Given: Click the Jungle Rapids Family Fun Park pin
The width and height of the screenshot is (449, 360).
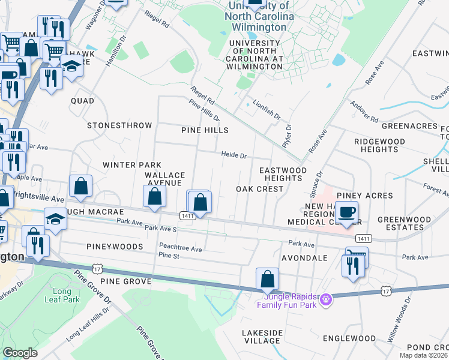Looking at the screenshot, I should tap(326, 298).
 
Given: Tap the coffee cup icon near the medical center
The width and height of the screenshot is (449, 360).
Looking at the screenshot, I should tap(346, 212).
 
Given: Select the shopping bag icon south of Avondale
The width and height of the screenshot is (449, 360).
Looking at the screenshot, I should tap(267, 279).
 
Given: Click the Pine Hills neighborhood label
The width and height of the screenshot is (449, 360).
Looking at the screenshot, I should tap(205, 130).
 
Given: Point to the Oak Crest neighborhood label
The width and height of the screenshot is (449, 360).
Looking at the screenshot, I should tap(259, 189).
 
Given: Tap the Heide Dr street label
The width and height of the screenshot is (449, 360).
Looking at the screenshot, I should tap(234, 155).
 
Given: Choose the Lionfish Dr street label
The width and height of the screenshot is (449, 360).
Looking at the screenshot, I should tap(267, 109).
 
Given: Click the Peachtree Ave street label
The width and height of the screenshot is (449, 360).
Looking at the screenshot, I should tap(180, 247).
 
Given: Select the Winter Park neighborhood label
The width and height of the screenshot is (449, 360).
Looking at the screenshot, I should tap(132, 164).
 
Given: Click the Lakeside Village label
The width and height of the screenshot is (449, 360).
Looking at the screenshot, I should tap(262, 337).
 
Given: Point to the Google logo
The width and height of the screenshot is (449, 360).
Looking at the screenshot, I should tap(20, 353).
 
